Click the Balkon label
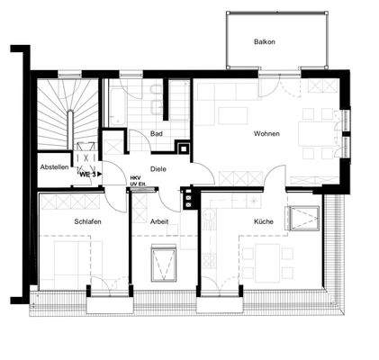[264, 42]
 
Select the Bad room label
[157, 134]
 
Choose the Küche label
[263, 221]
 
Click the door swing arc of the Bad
[143, 142]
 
